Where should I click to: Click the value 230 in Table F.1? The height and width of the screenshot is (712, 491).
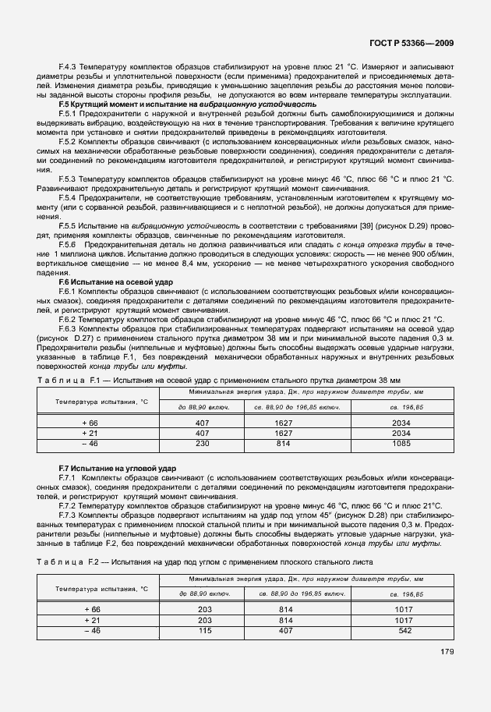(x=203, y=443)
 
